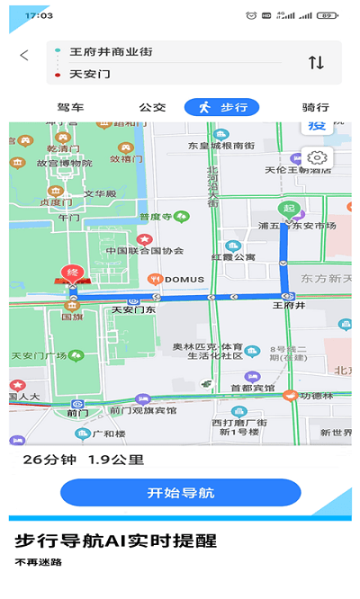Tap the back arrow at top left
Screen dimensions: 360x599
point(23,55)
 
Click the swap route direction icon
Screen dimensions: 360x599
point(316,62)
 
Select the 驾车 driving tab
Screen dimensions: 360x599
point(70,108)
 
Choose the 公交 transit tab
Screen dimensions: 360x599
point(152,108)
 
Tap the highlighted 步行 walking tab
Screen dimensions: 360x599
point(221,108)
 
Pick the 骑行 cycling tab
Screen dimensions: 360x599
point(315,108)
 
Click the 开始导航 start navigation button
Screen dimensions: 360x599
point(180,493)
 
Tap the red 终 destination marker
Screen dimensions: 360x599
point(70,273)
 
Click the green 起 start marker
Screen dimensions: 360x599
point(289,208)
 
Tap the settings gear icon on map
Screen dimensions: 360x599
point(319,158)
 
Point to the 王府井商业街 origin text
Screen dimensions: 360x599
point(111,52)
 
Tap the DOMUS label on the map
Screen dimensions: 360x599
point(184,278)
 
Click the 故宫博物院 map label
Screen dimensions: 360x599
point(64,164)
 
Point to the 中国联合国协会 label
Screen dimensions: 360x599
point(144,250)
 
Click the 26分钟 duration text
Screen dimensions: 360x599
point(50,460)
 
